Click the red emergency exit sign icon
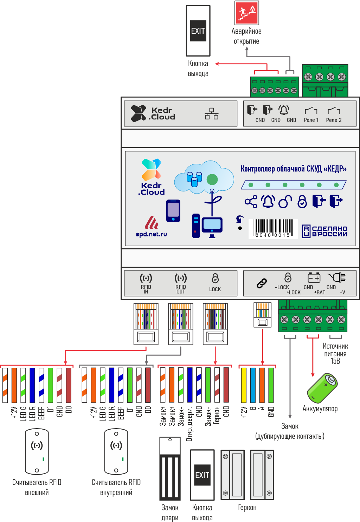coord(247,13)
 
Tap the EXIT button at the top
coord(198,31)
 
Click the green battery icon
coord(322,388)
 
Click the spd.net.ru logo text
coord(152,234)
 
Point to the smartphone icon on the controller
coord(173,210)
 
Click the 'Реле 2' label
coord(334,120)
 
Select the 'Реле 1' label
coord(311,120)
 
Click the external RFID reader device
coord(37,451)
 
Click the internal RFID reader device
coord(116,451)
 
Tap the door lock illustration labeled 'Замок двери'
coord(170,469)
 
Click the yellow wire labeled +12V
coord(244,385)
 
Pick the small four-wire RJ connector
coord(262,315)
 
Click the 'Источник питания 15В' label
coord(335,353)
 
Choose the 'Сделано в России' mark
coord(325,231)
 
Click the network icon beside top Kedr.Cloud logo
coord(212,113)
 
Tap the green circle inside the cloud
coord(212,180)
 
